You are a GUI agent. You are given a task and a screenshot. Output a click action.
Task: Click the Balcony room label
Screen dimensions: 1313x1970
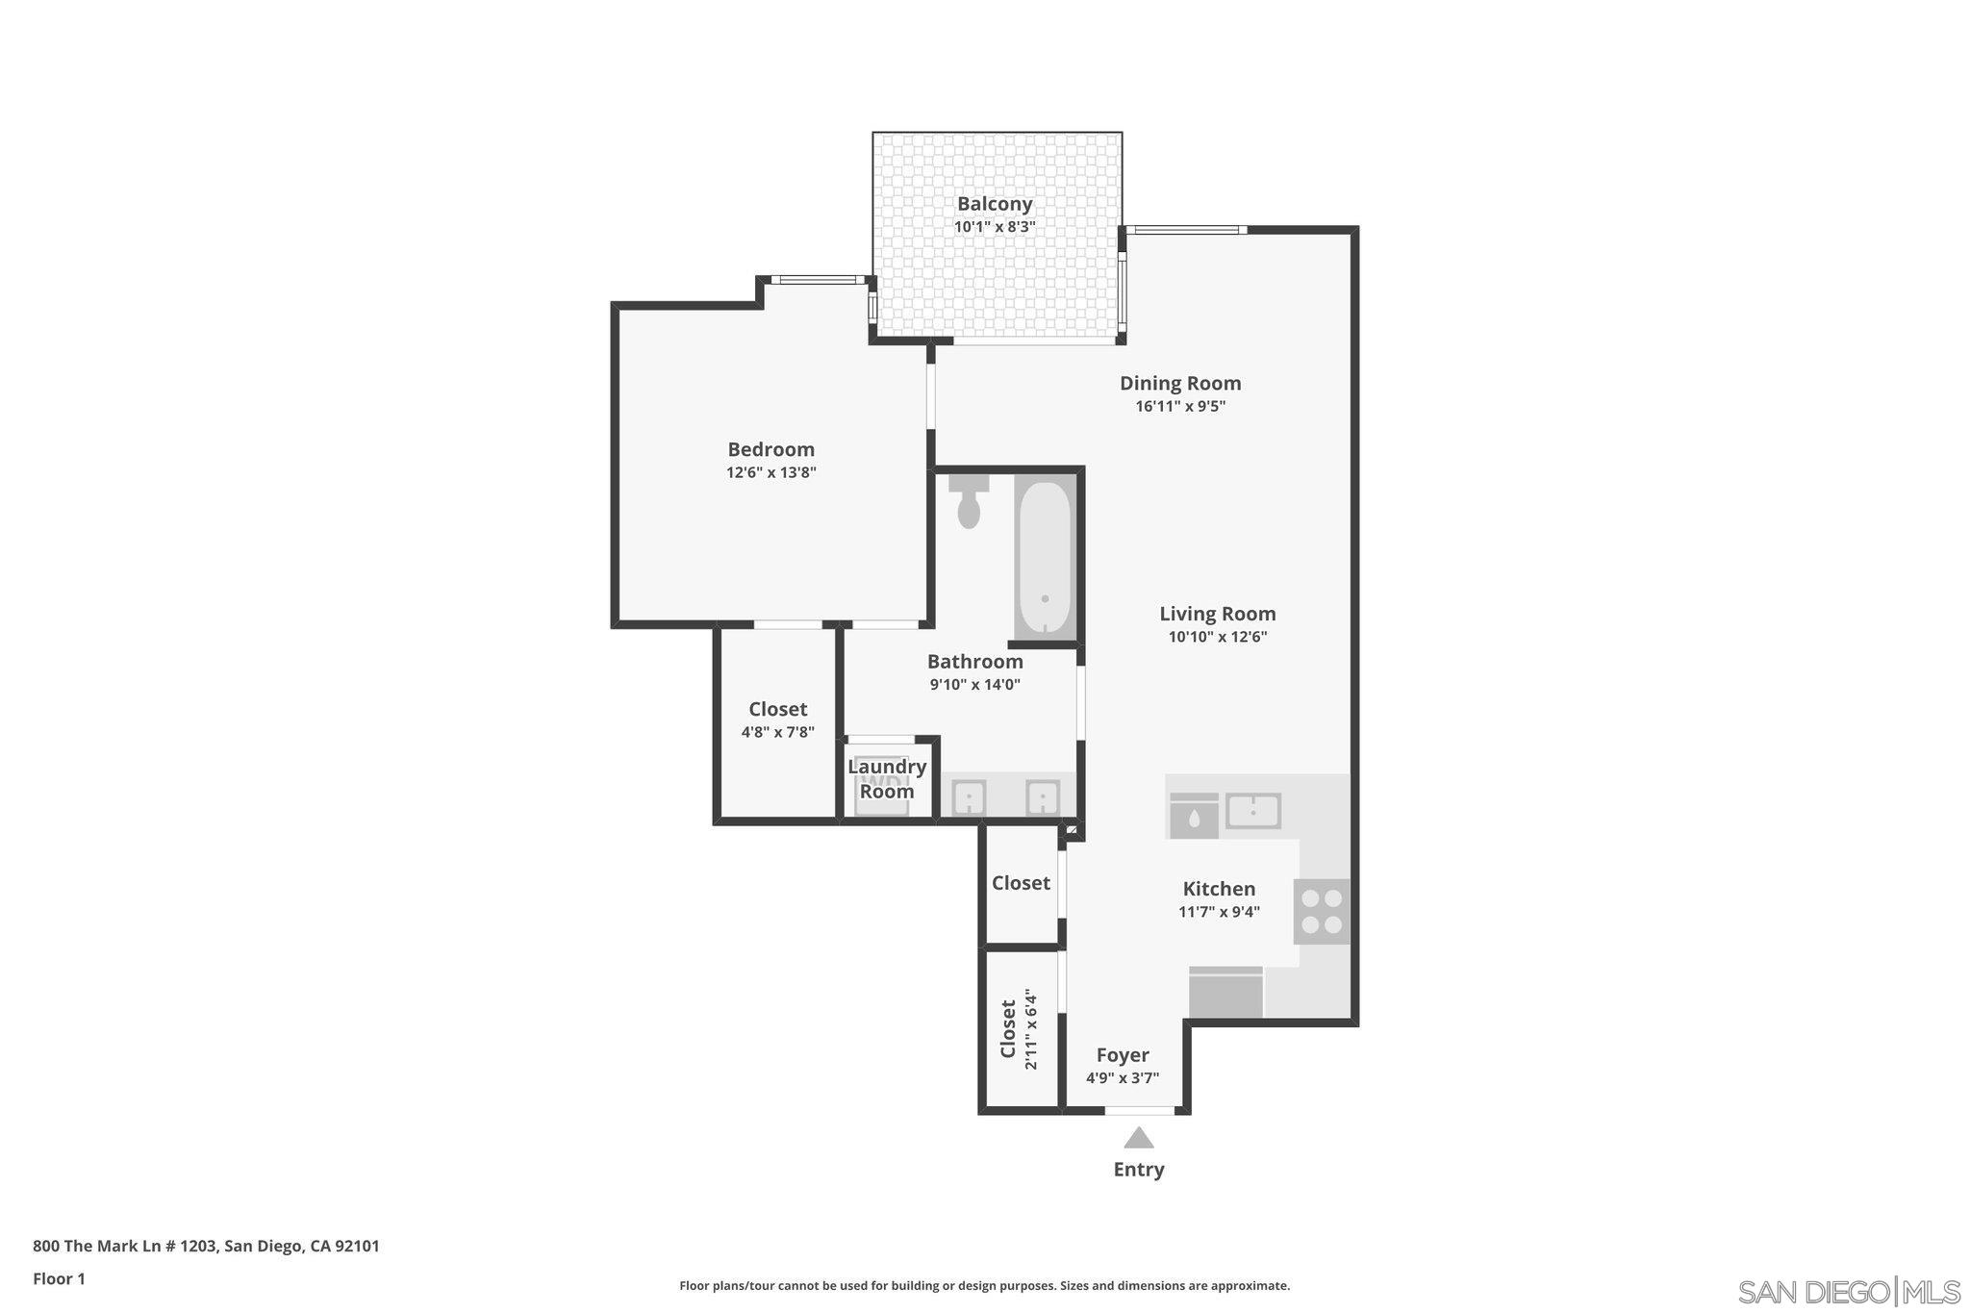pyautogui.click(x=995, y=204)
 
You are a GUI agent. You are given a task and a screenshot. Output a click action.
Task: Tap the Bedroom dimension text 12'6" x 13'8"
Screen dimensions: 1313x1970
pyautogui.click(x=770, y=472)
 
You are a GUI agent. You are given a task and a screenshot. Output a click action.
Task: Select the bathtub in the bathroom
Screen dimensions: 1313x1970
pyautogui.click(x=1045, y=559)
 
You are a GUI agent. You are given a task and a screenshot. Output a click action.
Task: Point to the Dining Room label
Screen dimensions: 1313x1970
pyautogui.click(x=1180, y=383)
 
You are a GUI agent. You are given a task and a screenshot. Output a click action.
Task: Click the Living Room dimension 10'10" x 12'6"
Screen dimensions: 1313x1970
pyautogui.click(x=1217, y=637)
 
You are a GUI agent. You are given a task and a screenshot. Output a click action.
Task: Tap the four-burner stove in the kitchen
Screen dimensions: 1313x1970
pyautogui.click(x=1322, y=911)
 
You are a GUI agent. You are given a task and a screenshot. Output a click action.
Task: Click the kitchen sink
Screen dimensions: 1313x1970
pyautogui.click(x=1252, y=811)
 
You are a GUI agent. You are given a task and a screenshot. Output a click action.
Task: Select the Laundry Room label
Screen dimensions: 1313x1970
pyautogui.click(x=886, y=779)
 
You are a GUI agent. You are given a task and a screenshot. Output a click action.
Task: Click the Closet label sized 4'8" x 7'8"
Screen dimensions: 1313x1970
pyautogui.click(x=777, y=709)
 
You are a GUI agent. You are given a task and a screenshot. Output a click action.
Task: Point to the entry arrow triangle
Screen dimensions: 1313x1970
pyautogui.click(x=1139, y=1139)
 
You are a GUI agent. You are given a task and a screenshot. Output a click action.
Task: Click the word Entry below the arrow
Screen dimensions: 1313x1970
pyautogui.click(x=1139, y=1170)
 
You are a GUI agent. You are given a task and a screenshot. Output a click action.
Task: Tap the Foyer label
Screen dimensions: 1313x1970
pyautogui.click(x=1123, y=1055)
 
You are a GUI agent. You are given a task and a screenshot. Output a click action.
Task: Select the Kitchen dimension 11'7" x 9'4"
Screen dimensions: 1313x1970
pyautogui.click(x=1219, y=912)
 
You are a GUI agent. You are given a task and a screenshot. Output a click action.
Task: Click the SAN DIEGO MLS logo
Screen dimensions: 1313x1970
pyautogui.click(x=1848, y=1291)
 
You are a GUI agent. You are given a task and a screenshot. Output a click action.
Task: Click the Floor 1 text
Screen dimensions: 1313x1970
pyautogui.click(x=59, y=1279)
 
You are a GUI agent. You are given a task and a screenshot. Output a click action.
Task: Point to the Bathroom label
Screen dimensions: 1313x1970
pyautogui.click(x=974, y=662)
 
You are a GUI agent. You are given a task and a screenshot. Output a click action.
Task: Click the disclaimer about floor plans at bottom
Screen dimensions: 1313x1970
pyautogui.click(x=984, y=1286)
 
